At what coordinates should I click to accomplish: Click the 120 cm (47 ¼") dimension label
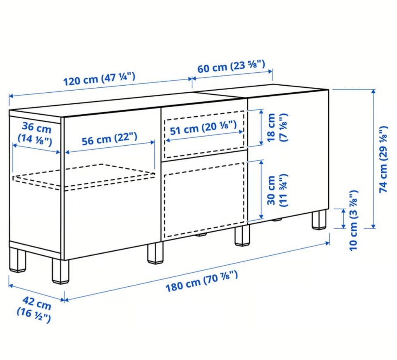pyautogui.click(x=99, y=79)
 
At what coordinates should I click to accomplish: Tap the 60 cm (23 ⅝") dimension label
pyautogui.click(x=231, y=66)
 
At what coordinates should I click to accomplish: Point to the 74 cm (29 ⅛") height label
pyautogui.click(x=383, y=159)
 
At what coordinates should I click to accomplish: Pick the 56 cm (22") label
pyautogui.click(x=109, y=139)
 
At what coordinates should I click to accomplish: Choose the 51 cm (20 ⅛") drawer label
pyautogui.click(x=203, y=128)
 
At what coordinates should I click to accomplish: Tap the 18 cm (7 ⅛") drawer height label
pyautogui.click(x=277, y=127)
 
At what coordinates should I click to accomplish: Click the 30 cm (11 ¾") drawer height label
pyautogui.click(x=277, y=190)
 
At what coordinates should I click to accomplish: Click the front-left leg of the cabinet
pyautogui.click(x=60, y=271)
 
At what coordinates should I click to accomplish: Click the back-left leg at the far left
pyautogui.click(x=17, y=260)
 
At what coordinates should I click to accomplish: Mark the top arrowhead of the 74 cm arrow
pyautogui.click(x=373, y=91)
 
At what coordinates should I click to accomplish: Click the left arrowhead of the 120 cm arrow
pyautogui.click(x=11, y=96)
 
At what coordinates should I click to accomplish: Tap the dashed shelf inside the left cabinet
pyautogui.click(x=84, y=177)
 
